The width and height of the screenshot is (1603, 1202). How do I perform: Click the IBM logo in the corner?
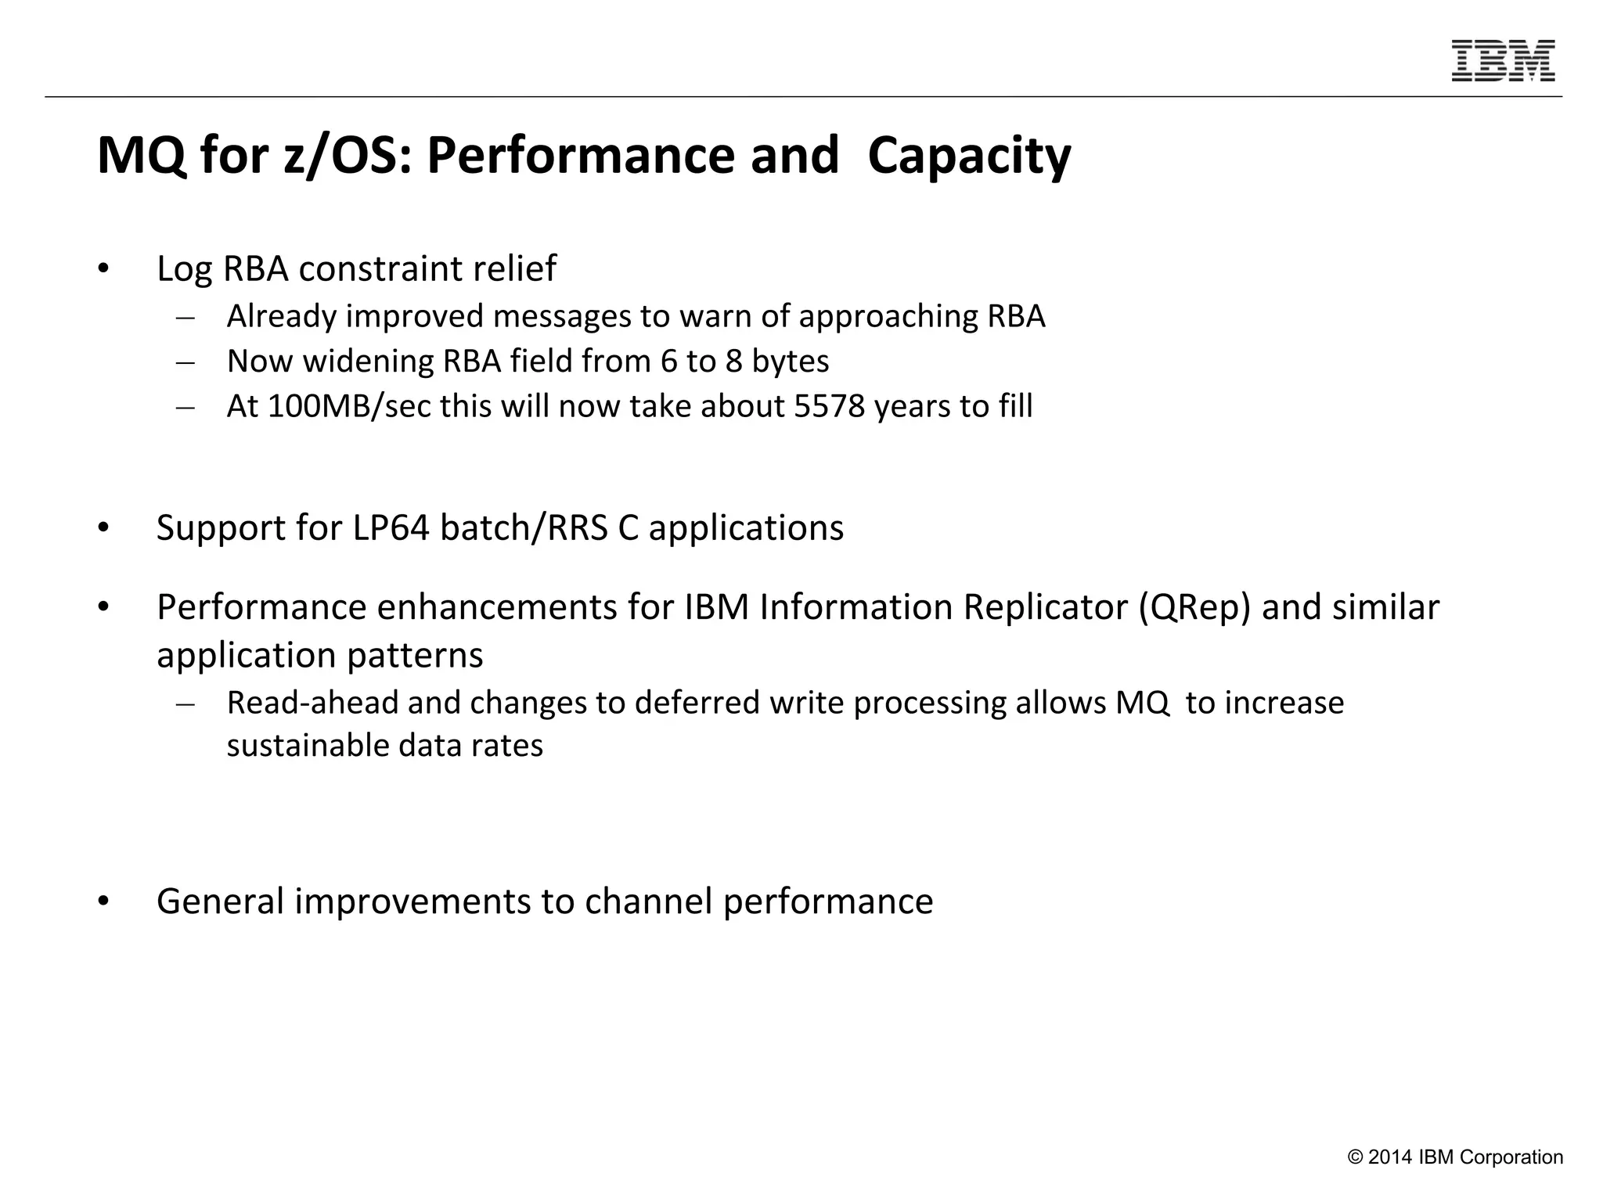pos(1503,61)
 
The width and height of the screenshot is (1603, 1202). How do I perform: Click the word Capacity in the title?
pos(969,156)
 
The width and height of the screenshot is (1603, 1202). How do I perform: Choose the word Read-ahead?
pos(312,703)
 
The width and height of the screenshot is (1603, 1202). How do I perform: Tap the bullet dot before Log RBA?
pos(103,269)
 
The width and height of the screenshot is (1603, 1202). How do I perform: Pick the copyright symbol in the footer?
pos(1356,1157)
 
